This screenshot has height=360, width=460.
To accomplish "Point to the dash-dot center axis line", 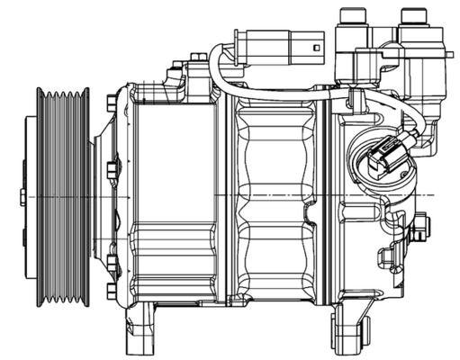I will click(x=270, y=195).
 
